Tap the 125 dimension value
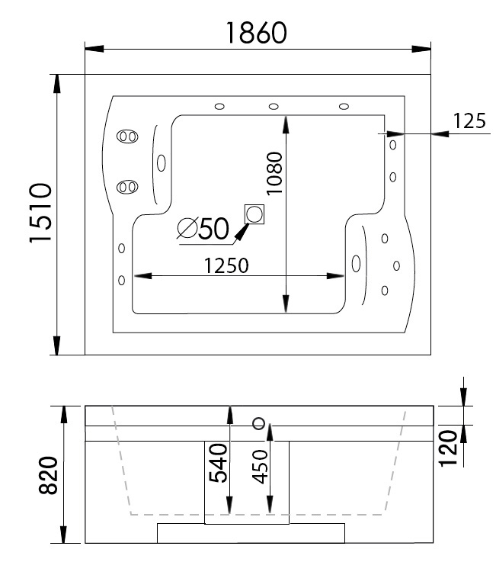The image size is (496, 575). pyautogui.click(x=469, y=120)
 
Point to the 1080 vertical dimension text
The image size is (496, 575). pyautogui.click(x=274, y=173)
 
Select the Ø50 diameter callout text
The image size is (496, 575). pyautogui.click(x=204, y=228)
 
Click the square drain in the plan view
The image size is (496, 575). pyautogui.click(x=254, y=214)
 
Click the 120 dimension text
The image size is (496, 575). pyautogui.click(x=450, y=447)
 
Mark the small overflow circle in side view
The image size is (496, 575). pyautogui.click(x=259, y=423)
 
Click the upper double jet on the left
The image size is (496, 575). pyautogui.click(x=126, y=137)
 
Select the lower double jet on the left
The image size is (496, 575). pyautogui.click(x=126, y=187)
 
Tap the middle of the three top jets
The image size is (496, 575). pyautogui.click(x=272, y=106)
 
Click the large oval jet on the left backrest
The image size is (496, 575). pyautogui.click(x=162, y=162)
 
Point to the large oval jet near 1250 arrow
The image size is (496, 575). pyautogui.click(x=356, y=263)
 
